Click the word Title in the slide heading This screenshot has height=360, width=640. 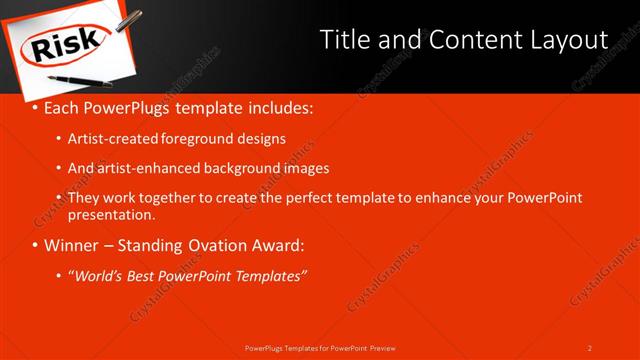(346, 40)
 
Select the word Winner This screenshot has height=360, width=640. (72, 245)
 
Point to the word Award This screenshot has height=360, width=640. (280, 245)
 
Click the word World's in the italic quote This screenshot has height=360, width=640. (100, 275)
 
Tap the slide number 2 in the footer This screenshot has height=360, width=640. (590, 347)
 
